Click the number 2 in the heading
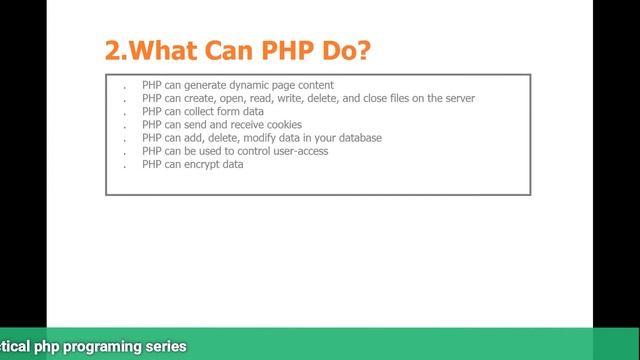112,50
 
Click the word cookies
280,125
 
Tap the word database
360,138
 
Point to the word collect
200,112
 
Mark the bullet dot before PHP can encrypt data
124,166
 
